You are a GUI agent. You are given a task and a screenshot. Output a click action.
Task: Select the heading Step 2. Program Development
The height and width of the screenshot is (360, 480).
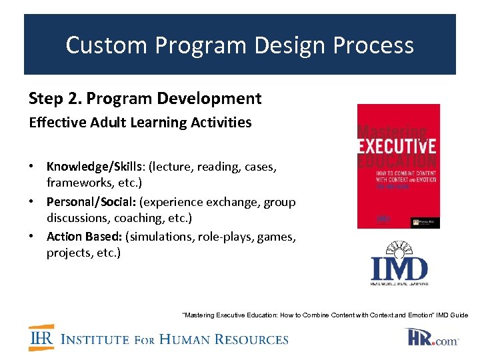[145, 99]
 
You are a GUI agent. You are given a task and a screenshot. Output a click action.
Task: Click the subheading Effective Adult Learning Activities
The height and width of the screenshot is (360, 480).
[140, 123]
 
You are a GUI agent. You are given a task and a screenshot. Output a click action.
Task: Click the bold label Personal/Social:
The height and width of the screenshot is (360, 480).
[85, 201]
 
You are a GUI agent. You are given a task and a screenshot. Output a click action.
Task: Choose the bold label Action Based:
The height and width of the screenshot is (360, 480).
[84, 237]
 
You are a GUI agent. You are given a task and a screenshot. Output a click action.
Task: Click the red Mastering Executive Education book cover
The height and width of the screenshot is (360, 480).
[398, 166]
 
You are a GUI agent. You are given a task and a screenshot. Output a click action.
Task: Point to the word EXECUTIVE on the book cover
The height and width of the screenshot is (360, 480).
[398, 145]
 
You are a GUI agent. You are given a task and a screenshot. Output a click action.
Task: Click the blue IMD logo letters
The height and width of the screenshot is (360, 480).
[399, 269]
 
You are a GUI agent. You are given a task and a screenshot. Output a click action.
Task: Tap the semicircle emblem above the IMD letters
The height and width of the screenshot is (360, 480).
[399, 248]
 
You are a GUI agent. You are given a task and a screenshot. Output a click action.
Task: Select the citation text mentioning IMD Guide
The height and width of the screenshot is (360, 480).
[325, 315]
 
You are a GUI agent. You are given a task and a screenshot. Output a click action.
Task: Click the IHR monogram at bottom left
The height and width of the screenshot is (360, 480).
[41, 338]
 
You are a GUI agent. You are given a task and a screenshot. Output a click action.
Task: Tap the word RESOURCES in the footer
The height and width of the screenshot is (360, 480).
[255, 339]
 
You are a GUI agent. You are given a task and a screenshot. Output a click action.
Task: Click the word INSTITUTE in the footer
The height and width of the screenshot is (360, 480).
[95, 339]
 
